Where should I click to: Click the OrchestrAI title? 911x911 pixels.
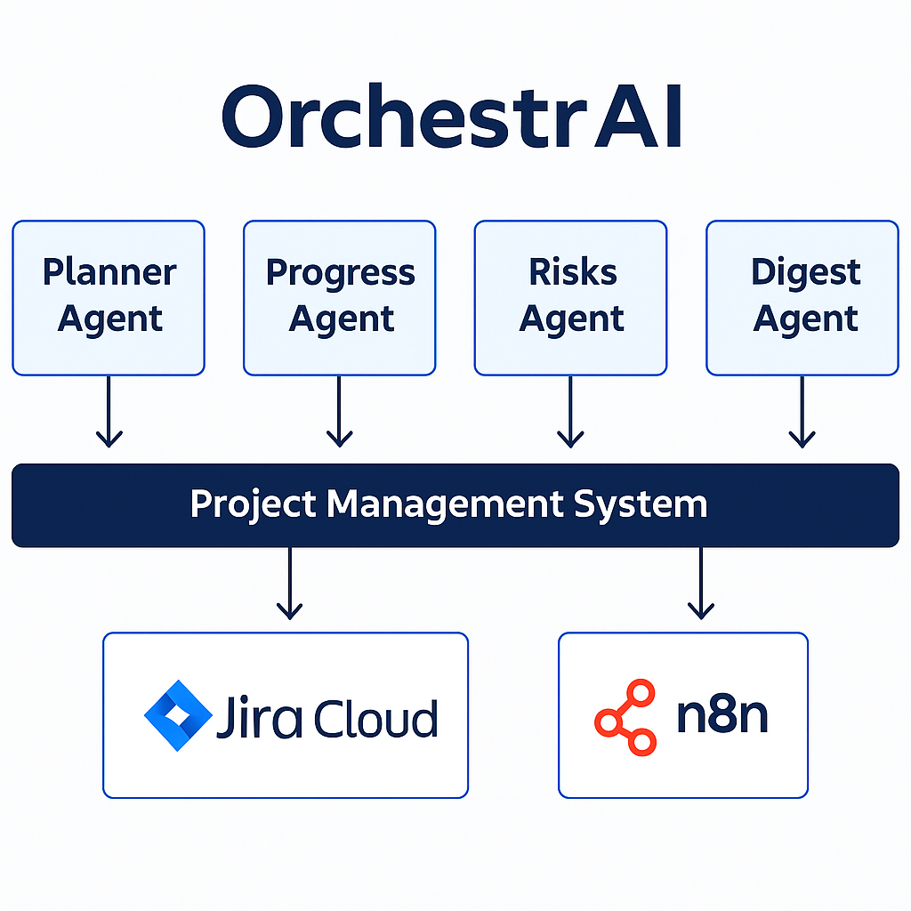(x=451, y=117)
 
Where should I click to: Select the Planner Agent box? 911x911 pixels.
(x=109, y=298)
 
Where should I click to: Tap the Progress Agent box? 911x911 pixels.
(x=339, y=298)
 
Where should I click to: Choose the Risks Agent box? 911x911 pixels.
(x=570, y=298)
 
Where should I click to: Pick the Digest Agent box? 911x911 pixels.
(x=802, y=298)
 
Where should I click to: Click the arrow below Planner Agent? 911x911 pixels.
(x=109, y=411)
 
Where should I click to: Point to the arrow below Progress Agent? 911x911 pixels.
(x=339, y=411)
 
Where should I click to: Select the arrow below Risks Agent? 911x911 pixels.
(x=570, y=411)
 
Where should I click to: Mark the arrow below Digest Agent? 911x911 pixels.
(x=802, y=411)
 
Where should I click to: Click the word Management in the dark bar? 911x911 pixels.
(x=445, y=504)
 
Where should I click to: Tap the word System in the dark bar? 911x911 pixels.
(x=641, y=505)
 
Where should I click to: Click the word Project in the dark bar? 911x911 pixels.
(x=254, y=504)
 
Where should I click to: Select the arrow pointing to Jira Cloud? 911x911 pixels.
(x=289, y=584)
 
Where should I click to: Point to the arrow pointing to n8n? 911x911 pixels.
(x=701, y=584)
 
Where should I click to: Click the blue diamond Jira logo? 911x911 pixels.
(x=178, y=715)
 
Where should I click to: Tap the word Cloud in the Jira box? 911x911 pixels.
(x=376, y=719)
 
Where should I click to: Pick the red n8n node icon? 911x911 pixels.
(x=625, y=717)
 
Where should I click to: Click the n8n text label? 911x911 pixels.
(x=722, y=715)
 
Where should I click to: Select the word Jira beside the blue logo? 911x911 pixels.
(x=259, y=718)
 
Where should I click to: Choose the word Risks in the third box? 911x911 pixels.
(x=572, y=271)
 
